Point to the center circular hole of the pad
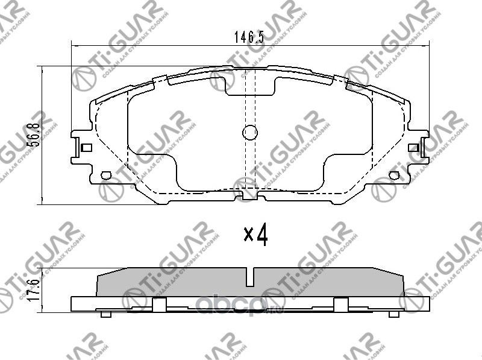pyautogui.click(x=249, y=133)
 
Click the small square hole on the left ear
pyautogui.click(x=86, y=147)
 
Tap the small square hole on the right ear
pyautogui.click(x=413, y=147)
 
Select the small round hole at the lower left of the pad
pyautogui.click(x=107, y=175)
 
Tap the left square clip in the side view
pyautogui.click(x=159, y=305)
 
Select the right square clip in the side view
pyautogui.click(x=341, y=305)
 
